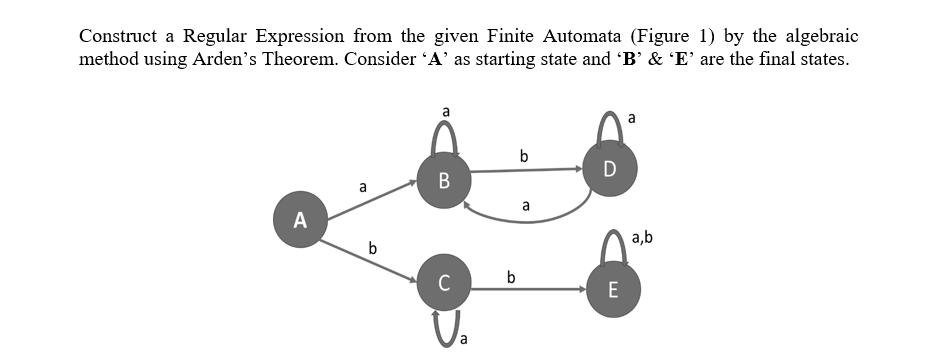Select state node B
tap(444, 181)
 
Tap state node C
tap(444, 281)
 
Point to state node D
tap(611, 166)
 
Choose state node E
tap(613, 290)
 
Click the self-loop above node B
tap(444, 132)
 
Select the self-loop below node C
tap(443, 326)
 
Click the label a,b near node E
tap(643, 237)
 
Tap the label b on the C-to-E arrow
tap(512, 276)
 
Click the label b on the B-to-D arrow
tap(524, 155)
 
